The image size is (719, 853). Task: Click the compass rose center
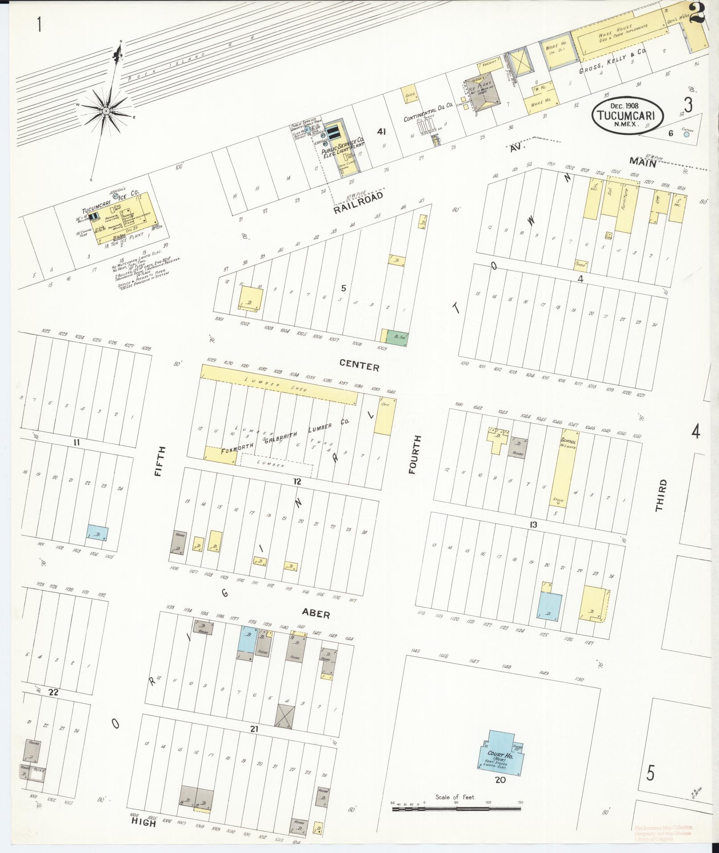click(x=107, y=111)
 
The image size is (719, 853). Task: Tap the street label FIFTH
click(x=160, y=462)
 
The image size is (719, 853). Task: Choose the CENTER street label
click(x=359, y=366)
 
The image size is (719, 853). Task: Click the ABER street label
click(x=316, y=614)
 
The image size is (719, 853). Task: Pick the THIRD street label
click(x=661, y=495)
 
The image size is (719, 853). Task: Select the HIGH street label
click(x=143, y=823)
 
